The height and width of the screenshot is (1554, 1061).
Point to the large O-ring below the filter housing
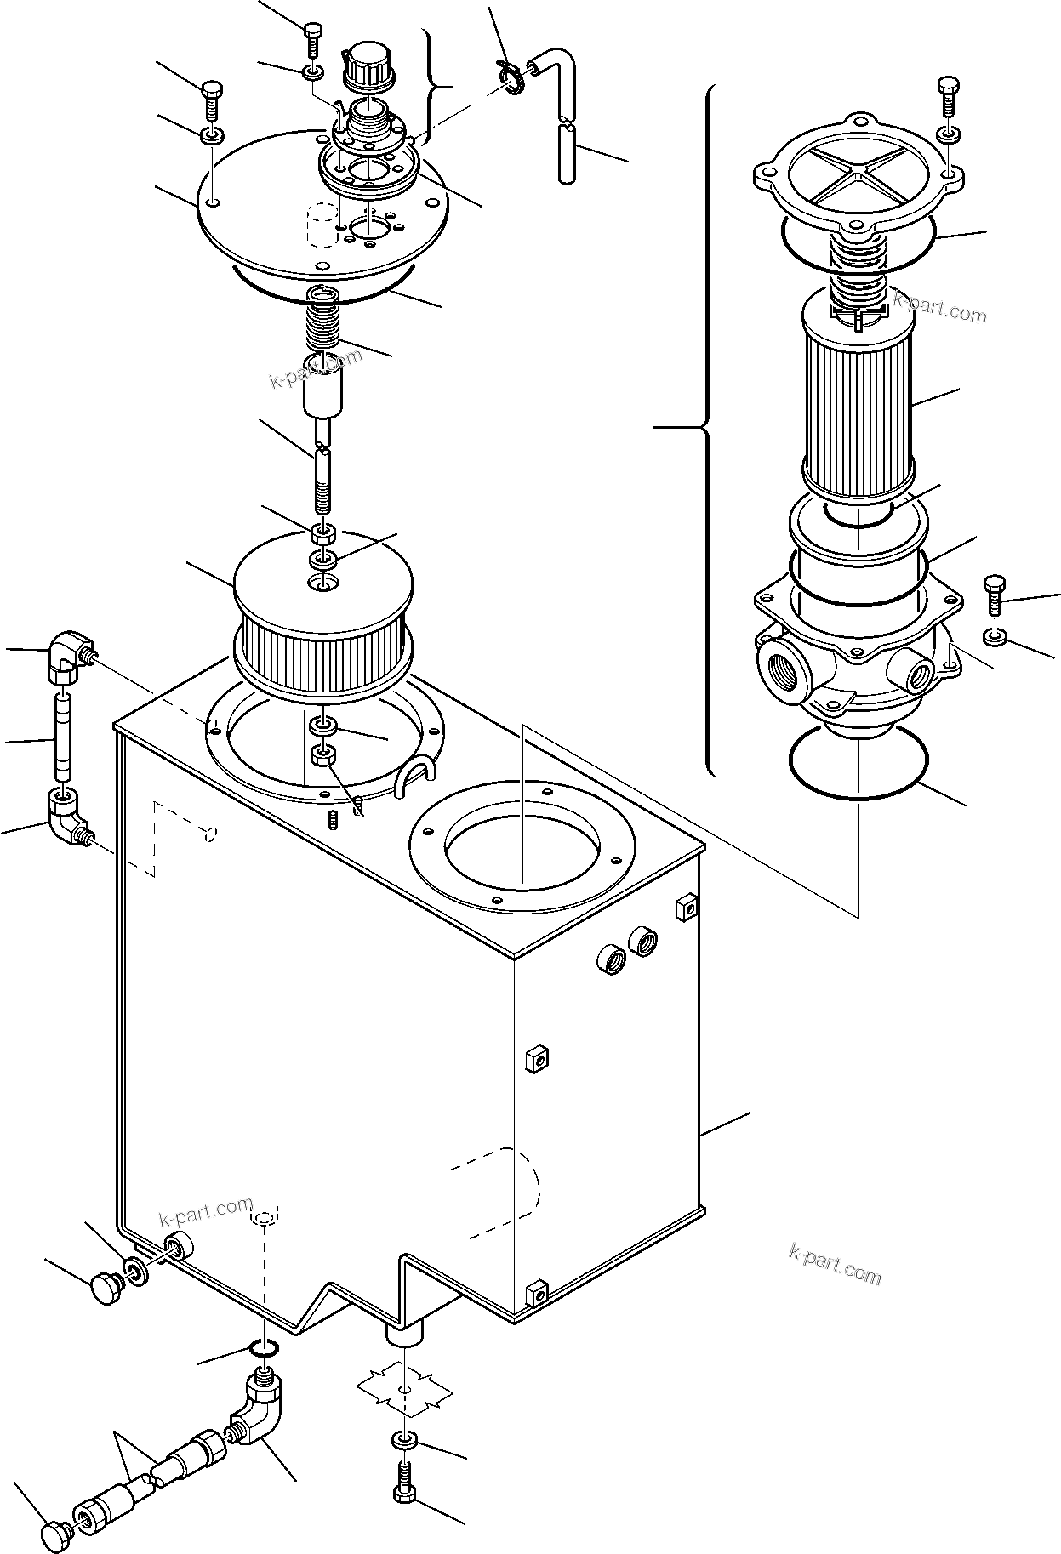(x=857, y=763)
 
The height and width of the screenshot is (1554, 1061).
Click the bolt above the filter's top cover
(x=949, y=97)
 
